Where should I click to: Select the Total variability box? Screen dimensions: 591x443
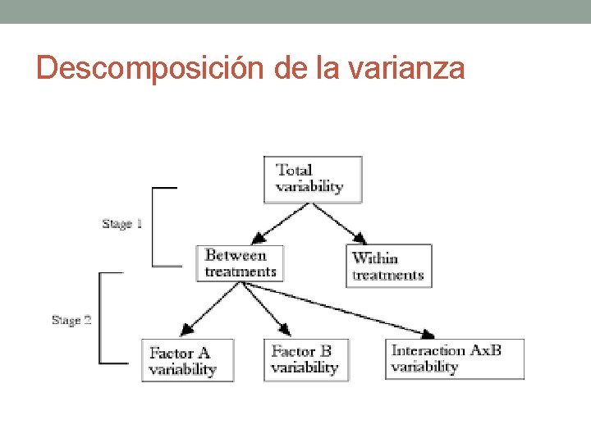(312, 179)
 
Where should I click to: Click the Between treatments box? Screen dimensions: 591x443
(240, 263)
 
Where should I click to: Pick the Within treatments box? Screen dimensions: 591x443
(388, 266)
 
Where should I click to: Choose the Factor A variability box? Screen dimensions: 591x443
(187, 361)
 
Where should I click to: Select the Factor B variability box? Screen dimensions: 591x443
(305, 359)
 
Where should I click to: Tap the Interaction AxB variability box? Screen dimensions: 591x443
(455, 359)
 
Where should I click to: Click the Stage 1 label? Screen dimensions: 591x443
(122, 224)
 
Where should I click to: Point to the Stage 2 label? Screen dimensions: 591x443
(71, 320)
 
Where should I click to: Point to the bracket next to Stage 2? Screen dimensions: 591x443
(102, 318)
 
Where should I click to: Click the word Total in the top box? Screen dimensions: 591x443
(294, 171)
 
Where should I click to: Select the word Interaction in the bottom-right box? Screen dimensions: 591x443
(428, 351)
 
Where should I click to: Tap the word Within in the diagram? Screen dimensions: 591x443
(374, 258)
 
